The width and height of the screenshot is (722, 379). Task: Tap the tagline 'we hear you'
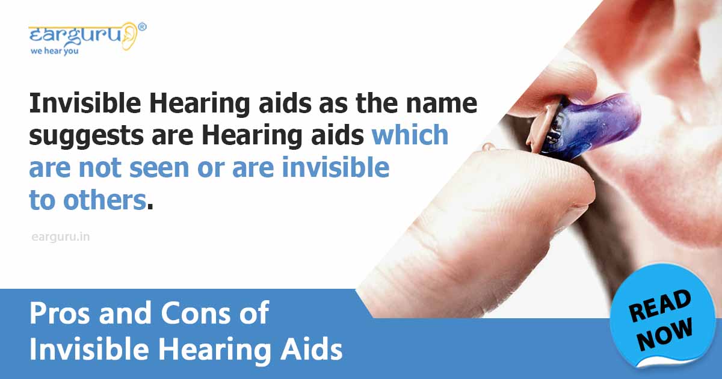(x=54, y=51)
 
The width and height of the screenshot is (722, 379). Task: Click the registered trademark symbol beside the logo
(x=142, y=26)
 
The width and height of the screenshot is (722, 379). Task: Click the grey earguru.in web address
(x=60, y=237)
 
